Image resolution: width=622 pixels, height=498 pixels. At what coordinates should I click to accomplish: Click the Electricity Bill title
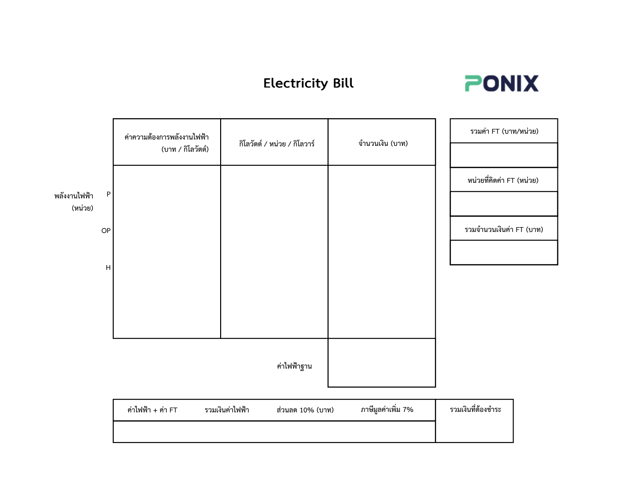click(308, 83)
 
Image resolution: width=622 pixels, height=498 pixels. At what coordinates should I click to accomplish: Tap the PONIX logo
click(501, 83)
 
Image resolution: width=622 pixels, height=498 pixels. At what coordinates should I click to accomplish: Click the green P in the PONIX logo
click(473, 83)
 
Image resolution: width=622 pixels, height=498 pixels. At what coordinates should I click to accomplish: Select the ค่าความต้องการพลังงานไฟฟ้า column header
click(167, 142)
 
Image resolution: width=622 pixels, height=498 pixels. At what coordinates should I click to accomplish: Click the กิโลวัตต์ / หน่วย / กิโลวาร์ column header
click(276, 143)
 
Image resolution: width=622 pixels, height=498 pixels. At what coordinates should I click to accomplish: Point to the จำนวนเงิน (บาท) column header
click(383, 143)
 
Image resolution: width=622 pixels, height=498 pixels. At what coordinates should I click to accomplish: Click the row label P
click(108, 194)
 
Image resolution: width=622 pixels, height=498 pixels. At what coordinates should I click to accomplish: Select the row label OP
click(106, 231)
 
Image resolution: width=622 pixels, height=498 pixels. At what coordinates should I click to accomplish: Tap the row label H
click(108, 267)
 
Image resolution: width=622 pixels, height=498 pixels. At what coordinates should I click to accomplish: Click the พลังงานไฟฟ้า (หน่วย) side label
click(74, 202)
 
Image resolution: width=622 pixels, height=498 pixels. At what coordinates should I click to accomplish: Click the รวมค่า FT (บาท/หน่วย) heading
click(504, 131)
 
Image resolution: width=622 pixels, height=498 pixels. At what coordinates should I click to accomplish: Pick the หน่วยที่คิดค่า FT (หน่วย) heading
click(503, 180)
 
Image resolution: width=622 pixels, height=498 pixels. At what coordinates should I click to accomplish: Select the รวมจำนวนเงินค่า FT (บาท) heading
click(504, 230)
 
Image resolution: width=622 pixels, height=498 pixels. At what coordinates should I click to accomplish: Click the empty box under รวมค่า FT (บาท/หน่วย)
click(504, 155)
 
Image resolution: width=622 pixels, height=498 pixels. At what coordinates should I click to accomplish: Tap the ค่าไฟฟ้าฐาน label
click(294, 366)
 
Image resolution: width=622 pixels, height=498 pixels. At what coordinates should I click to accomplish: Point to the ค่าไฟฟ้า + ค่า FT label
click(152, 410)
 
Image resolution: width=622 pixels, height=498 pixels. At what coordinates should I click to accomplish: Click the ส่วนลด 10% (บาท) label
click(305, 410)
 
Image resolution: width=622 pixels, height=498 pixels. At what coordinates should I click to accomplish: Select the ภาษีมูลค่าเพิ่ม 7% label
click(387, 410)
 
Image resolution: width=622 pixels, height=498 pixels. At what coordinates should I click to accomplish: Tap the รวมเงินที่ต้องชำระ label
click(475, 409)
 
